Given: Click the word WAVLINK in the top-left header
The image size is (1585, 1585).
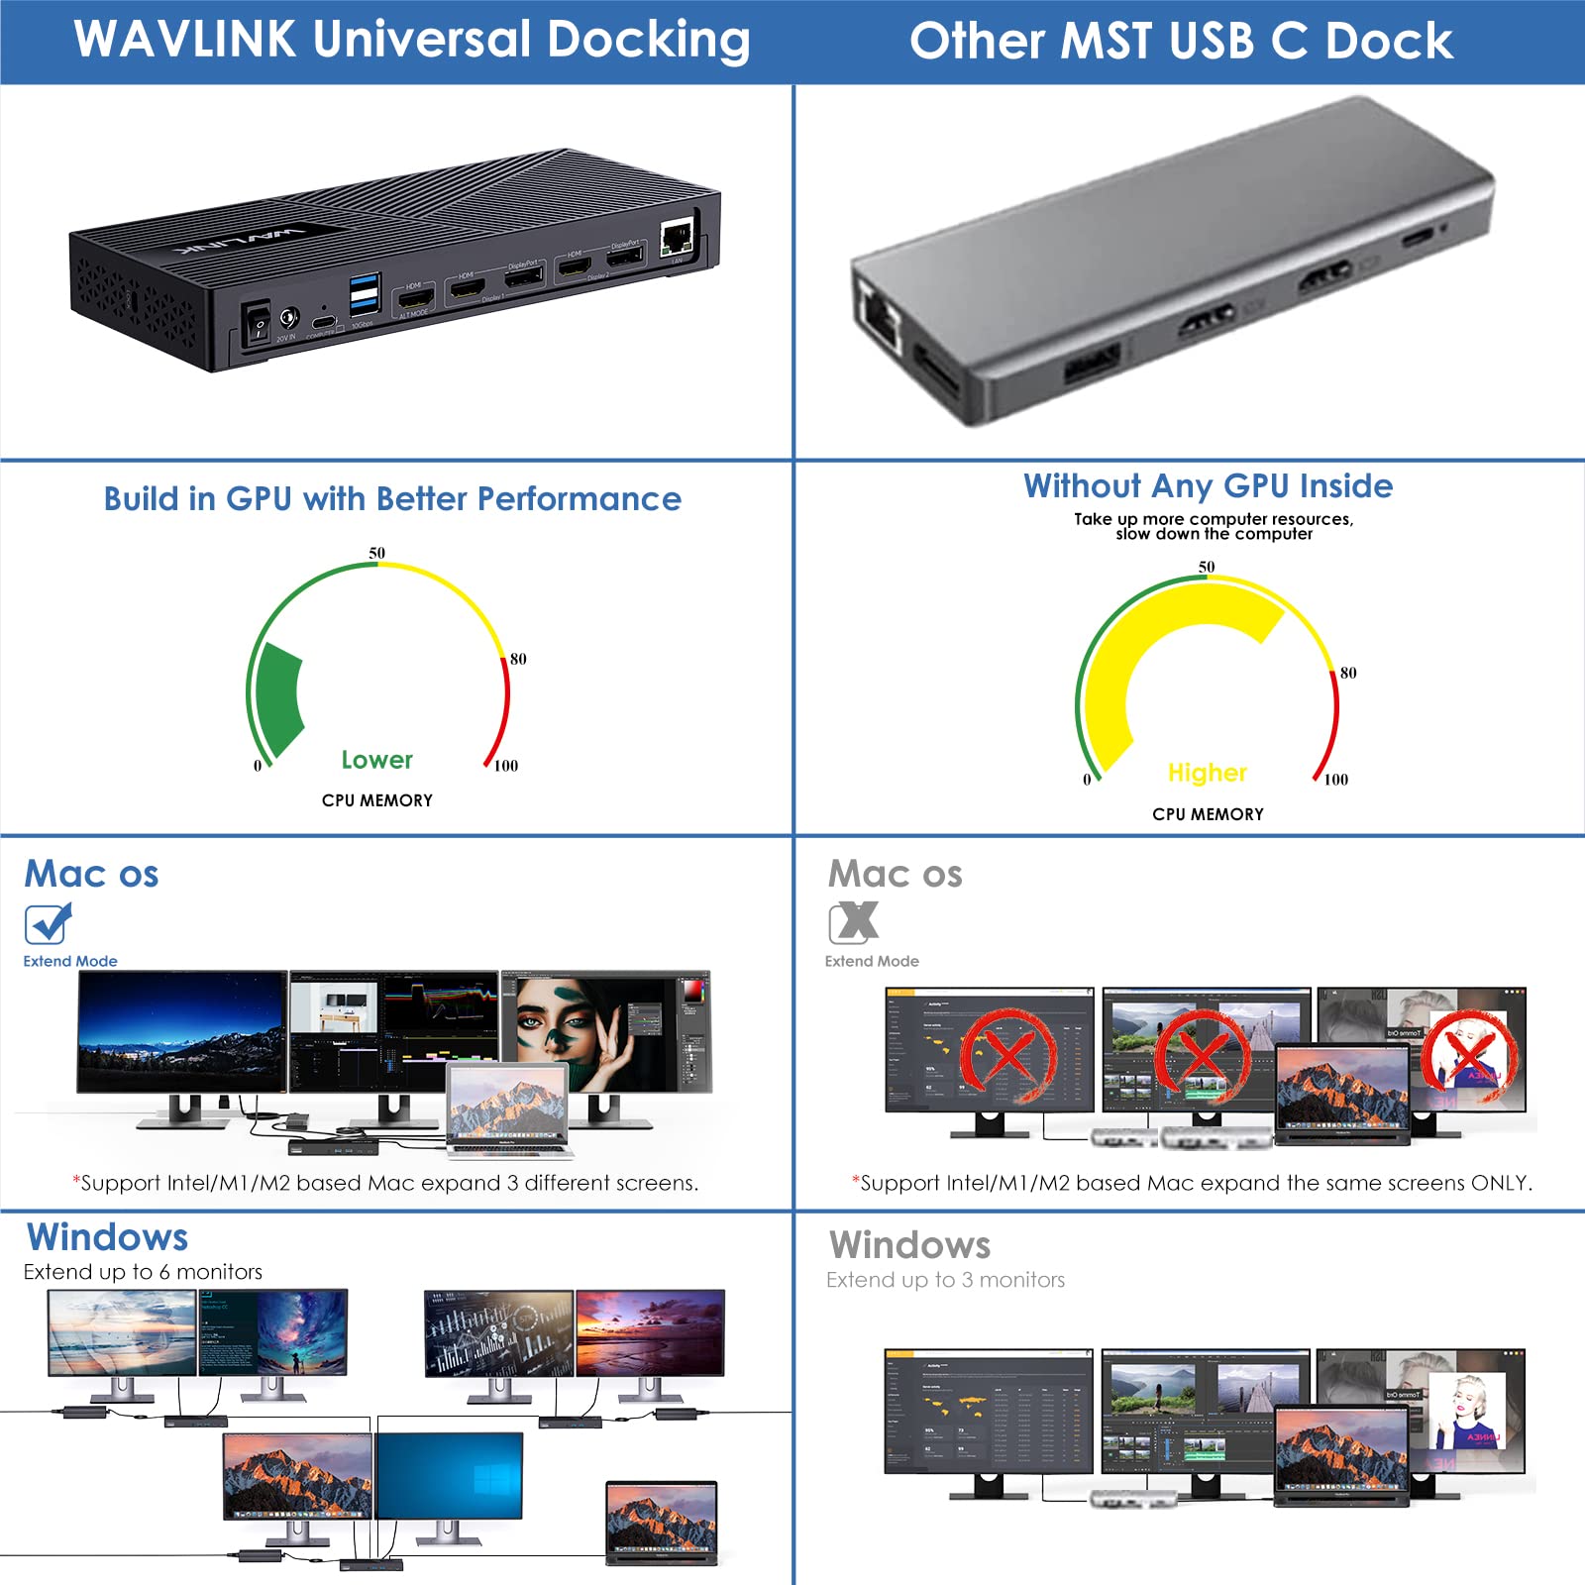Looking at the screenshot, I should [184, 39].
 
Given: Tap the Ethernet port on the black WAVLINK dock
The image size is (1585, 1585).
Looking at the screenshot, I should [678, 237].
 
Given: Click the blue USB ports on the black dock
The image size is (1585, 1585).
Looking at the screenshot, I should [364, 293].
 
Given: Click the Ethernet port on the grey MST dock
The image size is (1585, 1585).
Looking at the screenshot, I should [880, 317].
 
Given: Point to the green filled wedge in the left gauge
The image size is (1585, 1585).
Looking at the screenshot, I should [278, 698].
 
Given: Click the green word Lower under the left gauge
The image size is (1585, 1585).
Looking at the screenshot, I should [376, 760].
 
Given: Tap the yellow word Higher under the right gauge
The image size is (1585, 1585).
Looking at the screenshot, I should [1207, 773].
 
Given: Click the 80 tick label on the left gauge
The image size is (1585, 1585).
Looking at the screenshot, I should [518, 659].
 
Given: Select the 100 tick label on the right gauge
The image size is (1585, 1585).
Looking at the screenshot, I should [1336, 780].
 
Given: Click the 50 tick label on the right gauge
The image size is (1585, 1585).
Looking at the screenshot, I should [1207, 567].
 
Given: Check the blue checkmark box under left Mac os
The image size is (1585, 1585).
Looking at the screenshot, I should [47, 924].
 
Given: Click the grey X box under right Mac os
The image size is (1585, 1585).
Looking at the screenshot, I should [853, 922].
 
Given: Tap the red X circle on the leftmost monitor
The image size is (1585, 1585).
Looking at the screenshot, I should [1006, 1056].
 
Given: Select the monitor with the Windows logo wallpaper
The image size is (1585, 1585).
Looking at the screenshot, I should [449, 1476].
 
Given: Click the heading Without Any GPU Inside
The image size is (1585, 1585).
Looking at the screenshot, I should [1208, 486].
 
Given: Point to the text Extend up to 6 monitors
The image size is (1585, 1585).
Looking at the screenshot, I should [143, 1272].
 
